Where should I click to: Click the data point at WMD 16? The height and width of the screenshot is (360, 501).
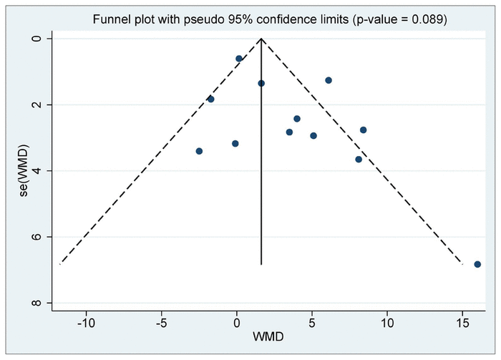point(477,264)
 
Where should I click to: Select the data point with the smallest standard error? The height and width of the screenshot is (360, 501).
point(239,59)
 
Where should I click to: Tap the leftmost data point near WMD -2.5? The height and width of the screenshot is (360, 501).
point(199,151)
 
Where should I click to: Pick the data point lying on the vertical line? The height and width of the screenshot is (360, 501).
point(261,83)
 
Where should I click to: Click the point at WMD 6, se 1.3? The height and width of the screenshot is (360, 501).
point(329,80)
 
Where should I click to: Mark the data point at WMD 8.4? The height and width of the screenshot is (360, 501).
point(364,130)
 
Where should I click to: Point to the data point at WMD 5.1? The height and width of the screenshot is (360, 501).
point(313,135)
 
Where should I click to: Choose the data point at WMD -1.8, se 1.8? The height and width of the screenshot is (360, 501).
point(210,99)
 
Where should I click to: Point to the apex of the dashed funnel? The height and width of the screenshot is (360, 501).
point(261,39)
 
